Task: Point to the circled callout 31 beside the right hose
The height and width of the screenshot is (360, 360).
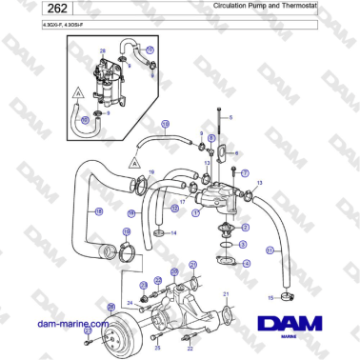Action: tap(270, 250)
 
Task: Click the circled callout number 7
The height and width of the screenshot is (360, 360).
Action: tap(245, 174)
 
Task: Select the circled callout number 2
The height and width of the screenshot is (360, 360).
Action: tap(246, 229)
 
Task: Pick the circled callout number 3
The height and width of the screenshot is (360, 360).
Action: tap(246, 244)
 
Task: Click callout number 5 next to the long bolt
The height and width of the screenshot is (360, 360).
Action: tap(230, 116)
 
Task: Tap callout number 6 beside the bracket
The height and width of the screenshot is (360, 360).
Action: tap(236, 152)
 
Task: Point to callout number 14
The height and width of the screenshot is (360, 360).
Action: tap(172, 232)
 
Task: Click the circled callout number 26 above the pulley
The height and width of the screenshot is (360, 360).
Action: tap(110, 306)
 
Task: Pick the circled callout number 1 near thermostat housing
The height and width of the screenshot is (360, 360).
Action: tap(194, 213)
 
